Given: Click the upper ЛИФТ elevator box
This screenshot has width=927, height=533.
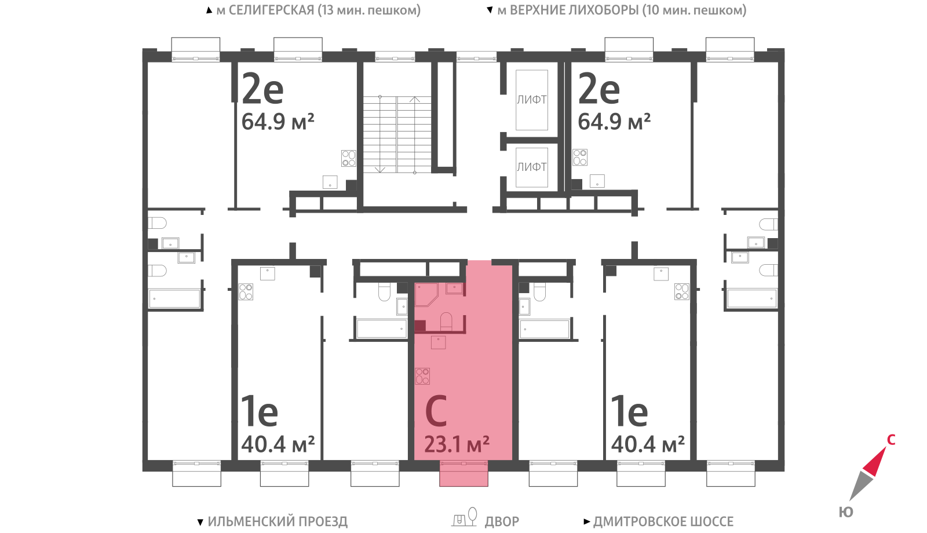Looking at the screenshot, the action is coord(532,100).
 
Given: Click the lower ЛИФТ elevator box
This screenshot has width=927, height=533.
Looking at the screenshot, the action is coord(532,167).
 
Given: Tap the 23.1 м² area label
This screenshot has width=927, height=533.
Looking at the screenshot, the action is coord(457,444).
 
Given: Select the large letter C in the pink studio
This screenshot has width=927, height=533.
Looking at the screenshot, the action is coord(436,411).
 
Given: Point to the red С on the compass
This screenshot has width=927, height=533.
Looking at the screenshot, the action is coord(891,440).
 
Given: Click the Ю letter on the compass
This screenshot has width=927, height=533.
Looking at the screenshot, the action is coord(846,512).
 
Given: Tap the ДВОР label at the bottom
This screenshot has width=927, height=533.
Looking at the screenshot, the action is coord(502,521).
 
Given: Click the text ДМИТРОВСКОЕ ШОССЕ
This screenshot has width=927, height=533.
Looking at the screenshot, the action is coord(663,521).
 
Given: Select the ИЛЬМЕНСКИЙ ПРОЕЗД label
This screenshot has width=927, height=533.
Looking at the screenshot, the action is coord(278,521).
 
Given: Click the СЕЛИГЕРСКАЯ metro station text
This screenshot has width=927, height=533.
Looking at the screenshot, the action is coord(272,10).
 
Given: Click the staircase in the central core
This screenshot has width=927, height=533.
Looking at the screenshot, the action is coord(397,134).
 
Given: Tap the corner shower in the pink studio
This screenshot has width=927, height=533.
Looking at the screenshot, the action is coord(426,295).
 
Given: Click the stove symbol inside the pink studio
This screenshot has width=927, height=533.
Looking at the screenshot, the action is coord(422,376).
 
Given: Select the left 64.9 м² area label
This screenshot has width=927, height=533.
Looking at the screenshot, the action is coord(278,122).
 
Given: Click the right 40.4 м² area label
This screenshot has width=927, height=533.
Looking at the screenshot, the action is coord(648,444).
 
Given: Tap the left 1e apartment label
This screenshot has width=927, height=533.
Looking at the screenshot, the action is coord(260,411).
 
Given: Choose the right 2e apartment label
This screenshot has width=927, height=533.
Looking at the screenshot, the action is coord(599,89).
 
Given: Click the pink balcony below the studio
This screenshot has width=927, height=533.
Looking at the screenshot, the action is coord(463,473).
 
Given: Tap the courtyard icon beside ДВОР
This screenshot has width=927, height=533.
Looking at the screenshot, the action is coord(464,517).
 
